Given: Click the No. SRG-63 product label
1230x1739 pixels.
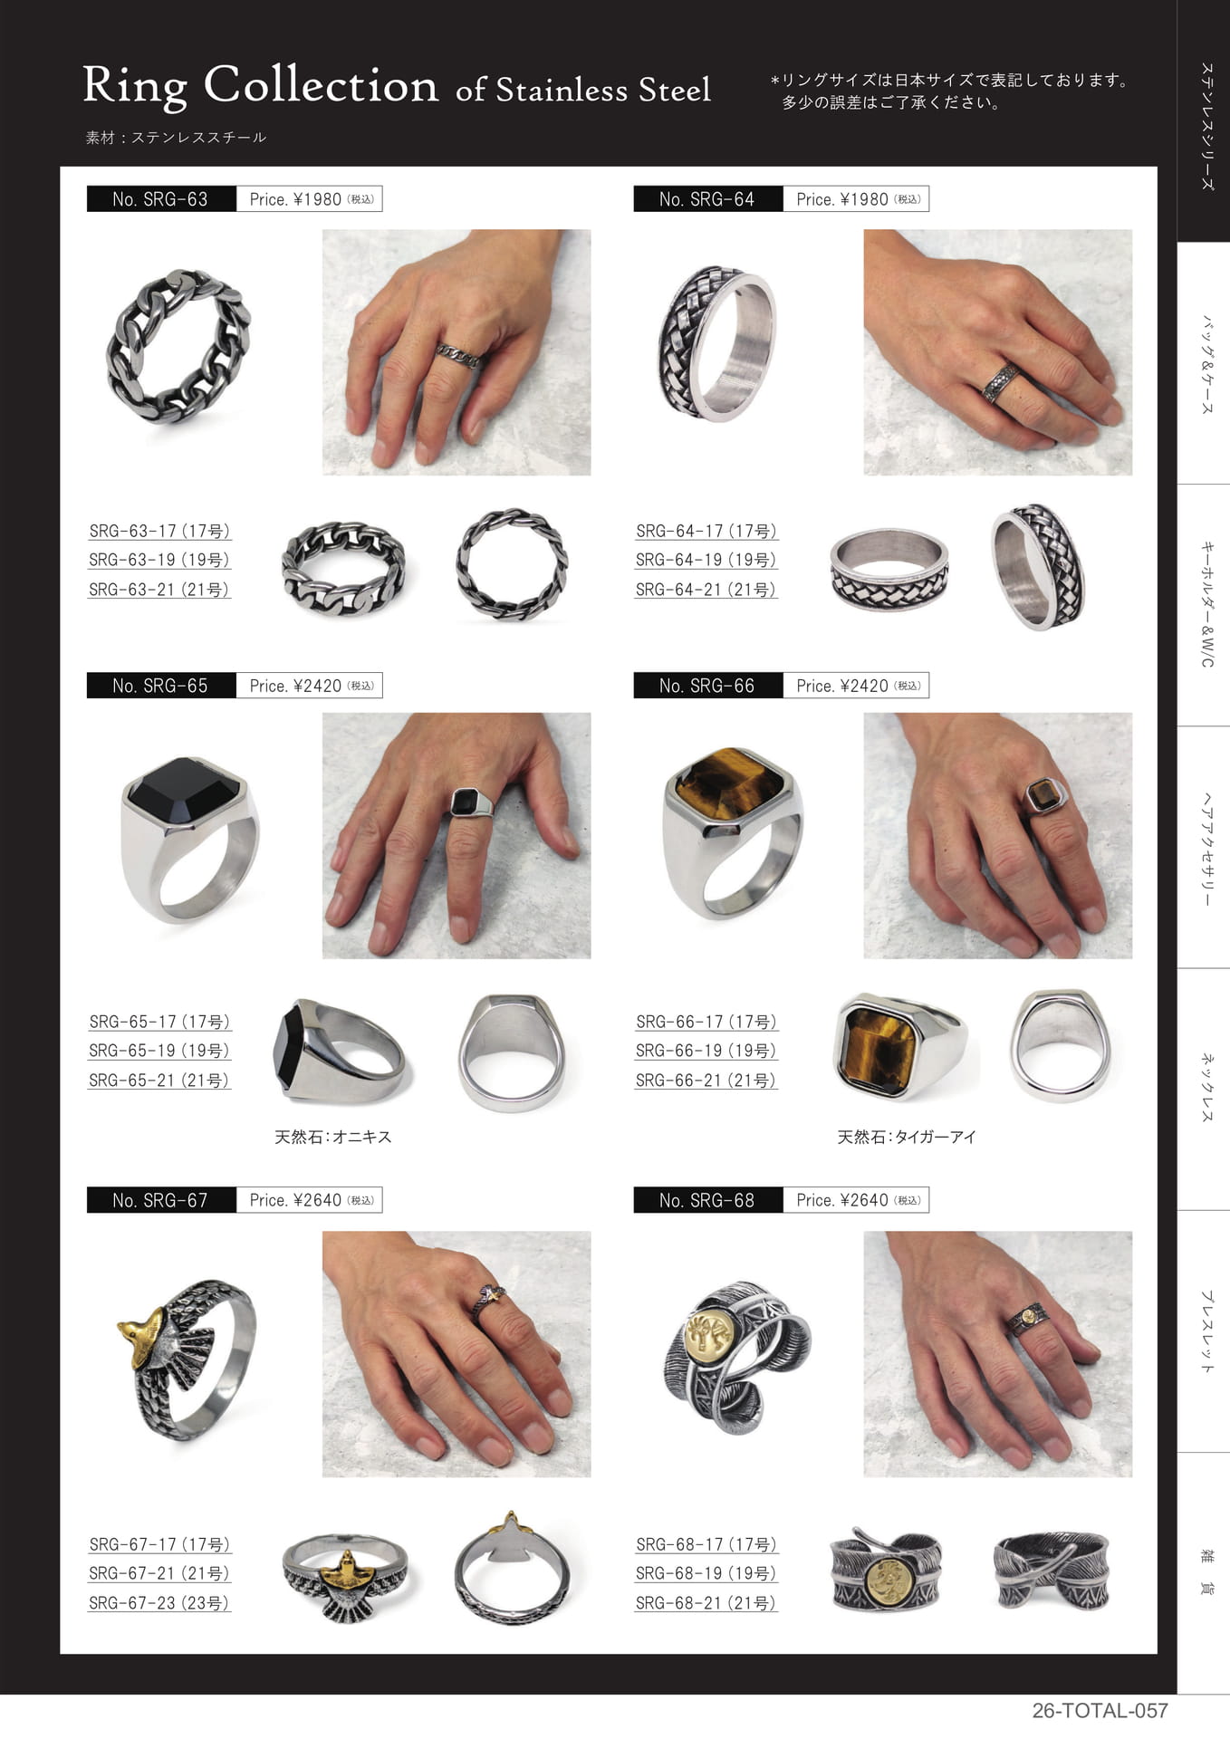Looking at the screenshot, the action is pyautogui.click(x=160, y=199).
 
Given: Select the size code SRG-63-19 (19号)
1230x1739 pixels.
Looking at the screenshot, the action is pyautogui.click(x=159, y=560).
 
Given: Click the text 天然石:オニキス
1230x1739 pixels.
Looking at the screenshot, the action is pyautogui.click(x=333, y=1137).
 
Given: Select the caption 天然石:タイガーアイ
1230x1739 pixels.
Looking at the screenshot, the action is pyautogui.click(x=907, y=1137).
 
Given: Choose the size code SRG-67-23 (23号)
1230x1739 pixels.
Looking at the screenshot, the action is pyautogui.click(x=159, y=1602).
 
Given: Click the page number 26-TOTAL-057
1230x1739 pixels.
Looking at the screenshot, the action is pyautogui.click(x=1100, y=1711).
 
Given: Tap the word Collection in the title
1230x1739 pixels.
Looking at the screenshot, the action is pyautogui.click(x=321, y=85).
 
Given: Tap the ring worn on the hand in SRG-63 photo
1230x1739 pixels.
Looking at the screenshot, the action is pyautogui.click(x=458, y=355).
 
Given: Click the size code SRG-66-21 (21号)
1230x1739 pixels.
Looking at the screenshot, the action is pyautogui.click(x=706, y=1080).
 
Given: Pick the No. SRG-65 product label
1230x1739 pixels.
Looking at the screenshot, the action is pyautogui.click(x=160, y=686).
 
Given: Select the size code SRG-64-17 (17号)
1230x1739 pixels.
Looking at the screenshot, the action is pyautogui.click(x=706, y=531).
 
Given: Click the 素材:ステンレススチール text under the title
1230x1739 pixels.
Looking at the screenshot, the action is pyautogui.click(x=176, y=138).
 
